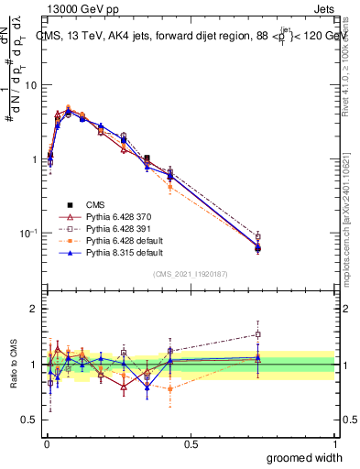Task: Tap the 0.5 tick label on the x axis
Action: click(190, 444)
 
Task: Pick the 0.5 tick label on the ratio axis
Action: click(28, 420)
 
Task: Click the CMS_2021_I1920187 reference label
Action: click(190, 273)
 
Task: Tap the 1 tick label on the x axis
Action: click(334, 444)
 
